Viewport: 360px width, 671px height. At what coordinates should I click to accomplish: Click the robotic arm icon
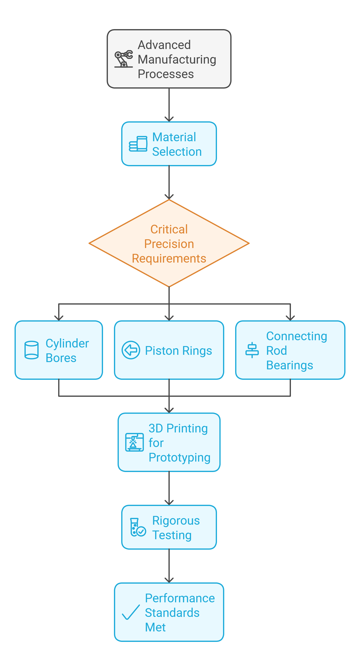click(x=124, y=59)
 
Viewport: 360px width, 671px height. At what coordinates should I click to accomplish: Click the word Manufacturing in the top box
click(x=177, y=59)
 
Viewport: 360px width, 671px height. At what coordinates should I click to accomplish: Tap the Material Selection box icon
click(x=138, y=144)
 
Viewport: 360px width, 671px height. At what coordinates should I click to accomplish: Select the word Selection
click(x=177, y=152)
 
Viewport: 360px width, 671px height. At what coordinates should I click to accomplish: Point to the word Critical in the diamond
click(x=169, y=229)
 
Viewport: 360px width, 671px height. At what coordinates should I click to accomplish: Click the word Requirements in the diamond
click(x=169, y=258)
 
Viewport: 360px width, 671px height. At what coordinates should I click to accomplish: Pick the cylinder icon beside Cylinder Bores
click(x=32, y=350)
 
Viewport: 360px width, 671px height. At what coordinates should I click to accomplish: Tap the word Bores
click(x=61, y=358)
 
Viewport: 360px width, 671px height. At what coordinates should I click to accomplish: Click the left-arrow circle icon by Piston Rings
click(x=131, y=350)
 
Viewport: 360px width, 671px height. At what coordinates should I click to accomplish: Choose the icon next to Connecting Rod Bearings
click(x=252, y=350)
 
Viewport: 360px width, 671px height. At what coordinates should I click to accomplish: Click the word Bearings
click(x=289, y=365)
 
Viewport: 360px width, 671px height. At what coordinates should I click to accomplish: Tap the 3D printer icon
click(x=134, y=442)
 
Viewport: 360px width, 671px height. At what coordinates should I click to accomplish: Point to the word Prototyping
click(x=180, y=457)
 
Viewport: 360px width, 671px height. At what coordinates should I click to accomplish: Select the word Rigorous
click(x=176, y=521)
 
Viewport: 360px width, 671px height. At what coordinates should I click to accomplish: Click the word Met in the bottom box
click(x=155, y=627)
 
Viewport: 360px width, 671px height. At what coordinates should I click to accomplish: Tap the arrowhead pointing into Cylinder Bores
click(x=59, y=318)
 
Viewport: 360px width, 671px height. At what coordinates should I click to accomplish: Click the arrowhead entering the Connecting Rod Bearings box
click(x=290, y=318)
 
